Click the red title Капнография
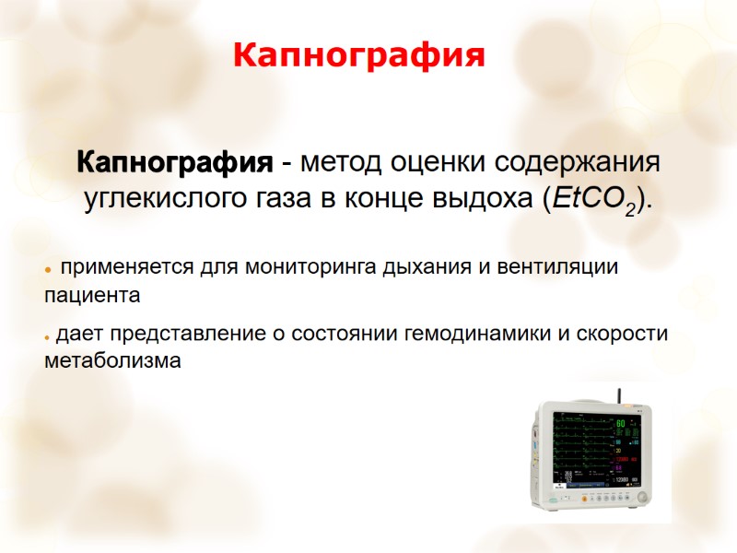[x=358, y=55]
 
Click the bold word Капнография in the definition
[x=175, y=164]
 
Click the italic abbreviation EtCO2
[x=594, y=199]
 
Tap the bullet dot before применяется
[x=47, y=270]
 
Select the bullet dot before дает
[x=47, y=335]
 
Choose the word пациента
[x=92, y=296]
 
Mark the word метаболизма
[x=112, y=361]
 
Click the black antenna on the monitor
[x=619, y=398]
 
